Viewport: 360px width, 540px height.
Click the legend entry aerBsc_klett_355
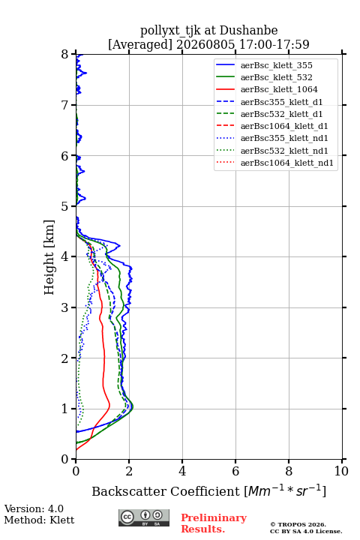(x=276, y=65)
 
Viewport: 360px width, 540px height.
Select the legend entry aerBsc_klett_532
(x=276, y=77)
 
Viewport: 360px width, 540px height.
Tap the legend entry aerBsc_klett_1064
(x=279, y=89)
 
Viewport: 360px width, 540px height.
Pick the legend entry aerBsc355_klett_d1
(x=281, y=102)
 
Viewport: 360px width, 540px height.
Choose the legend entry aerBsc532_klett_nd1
(x=284, y=151)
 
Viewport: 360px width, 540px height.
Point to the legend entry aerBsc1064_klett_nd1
(x=287, y=163)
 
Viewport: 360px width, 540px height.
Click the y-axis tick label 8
(x=65, y=55)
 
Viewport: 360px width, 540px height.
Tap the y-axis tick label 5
(x=65, y=206)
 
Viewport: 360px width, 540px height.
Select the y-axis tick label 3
(x=65, y=307)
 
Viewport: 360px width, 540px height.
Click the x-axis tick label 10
(x=341, y=471)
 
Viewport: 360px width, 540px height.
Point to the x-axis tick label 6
(x=235, y=471)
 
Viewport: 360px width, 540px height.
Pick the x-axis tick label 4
(x=182, y=471)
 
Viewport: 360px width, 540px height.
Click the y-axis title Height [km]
(x=49, y=257)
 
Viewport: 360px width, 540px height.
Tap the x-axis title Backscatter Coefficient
(x=166, y=491)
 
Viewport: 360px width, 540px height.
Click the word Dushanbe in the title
(x=248, y=31)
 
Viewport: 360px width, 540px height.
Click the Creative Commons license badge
(x=144, y=518)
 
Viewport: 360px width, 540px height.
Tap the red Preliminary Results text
(x=214, y=523)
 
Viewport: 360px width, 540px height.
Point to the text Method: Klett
(x=39, y=520)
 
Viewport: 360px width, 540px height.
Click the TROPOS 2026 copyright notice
(x=298, y=524)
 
